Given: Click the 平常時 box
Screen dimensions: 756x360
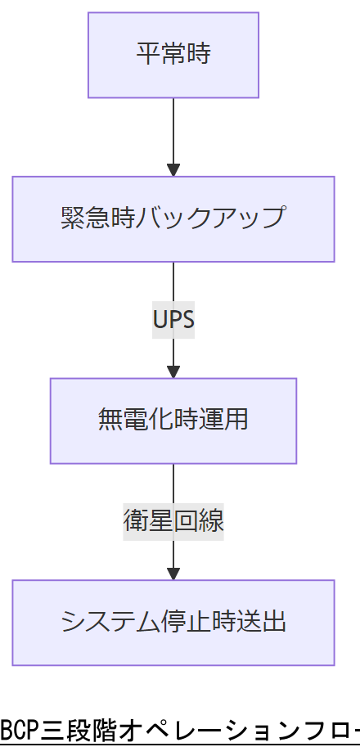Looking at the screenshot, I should click(173, 55).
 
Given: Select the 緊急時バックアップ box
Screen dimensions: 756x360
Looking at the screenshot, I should click(173, 218).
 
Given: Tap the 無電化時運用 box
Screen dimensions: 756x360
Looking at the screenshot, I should click(173, 421).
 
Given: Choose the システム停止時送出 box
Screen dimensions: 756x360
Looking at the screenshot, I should click(173, 622).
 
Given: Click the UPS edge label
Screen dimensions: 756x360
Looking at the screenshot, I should click(173, 319).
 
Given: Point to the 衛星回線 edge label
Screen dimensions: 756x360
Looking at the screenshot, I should click(173, 521).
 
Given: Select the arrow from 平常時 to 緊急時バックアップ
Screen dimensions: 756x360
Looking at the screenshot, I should click(173, 131).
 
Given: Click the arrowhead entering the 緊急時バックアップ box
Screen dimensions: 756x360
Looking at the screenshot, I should click(173, 169).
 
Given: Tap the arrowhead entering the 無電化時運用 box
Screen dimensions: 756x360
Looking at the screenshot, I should click(173, 371).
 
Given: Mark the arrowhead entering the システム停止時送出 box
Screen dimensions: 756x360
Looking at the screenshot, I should click(173, 573).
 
